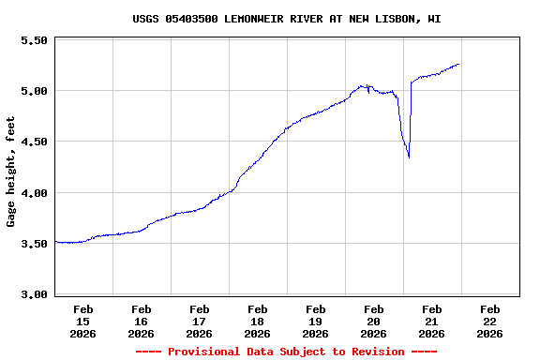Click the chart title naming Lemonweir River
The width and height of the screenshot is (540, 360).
286,19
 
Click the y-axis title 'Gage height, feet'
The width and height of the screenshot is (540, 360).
11,172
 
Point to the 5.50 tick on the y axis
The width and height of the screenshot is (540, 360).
34,40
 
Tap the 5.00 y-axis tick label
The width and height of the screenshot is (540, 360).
34,91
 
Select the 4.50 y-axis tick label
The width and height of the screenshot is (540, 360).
34,142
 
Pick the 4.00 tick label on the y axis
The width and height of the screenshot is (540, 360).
34,193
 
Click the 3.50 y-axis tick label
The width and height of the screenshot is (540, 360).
34,244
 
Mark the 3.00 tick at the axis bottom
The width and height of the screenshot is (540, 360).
34,294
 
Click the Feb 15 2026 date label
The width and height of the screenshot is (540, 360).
82,321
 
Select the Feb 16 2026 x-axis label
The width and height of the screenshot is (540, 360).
141,321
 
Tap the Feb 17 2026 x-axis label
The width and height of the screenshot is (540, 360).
199,321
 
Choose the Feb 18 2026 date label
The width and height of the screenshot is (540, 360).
257,321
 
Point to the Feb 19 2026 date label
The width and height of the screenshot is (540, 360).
315,321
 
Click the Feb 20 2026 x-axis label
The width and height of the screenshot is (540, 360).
373,321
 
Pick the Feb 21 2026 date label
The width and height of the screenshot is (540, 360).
431,321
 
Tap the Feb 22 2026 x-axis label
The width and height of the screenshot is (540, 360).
489,321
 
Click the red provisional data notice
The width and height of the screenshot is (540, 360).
286,352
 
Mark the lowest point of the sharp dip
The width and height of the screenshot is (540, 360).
409,157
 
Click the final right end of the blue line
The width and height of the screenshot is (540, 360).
458,64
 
